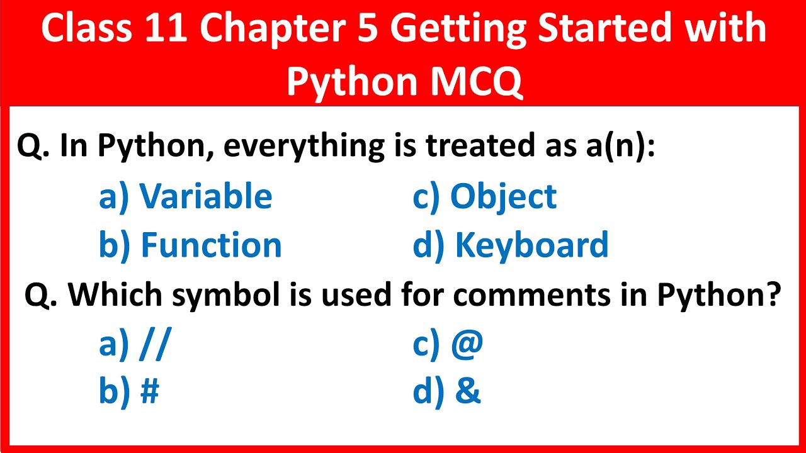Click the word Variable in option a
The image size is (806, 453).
pyautogui.click(x=206, y=196)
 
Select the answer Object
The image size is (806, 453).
pyautogui.click(x=503, y=196)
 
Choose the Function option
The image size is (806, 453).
pyautogui.click(x=210, y=245)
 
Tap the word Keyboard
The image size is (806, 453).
pyautogui.click(x=531, y=245)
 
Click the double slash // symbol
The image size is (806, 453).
pyautogui.click(x=154, y=344)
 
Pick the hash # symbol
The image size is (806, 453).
pyautogui.click(x=149, y=391)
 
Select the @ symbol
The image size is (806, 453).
pyautogui.click(x=467, y=344)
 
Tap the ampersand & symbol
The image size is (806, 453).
pyautogui.click(x=467, y=391)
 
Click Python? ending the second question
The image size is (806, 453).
pyautogui.click(x=715, y=295)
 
